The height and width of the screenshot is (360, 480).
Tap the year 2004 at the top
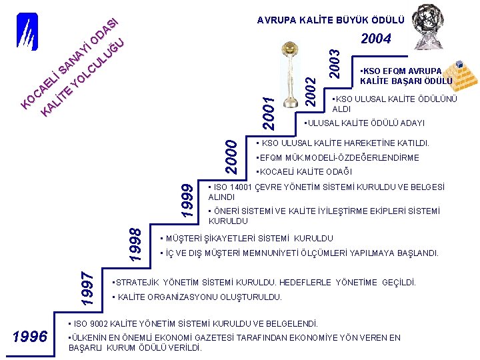[x=375, y=39]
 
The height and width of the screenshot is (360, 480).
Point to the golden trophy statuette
[x=289, y=74]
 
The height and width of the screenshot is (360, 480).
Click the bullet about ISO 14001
[x=327, y=192]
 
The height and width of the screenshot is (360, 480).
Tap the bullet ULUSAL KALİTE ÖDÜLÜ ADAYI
[x=366, y=123]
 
